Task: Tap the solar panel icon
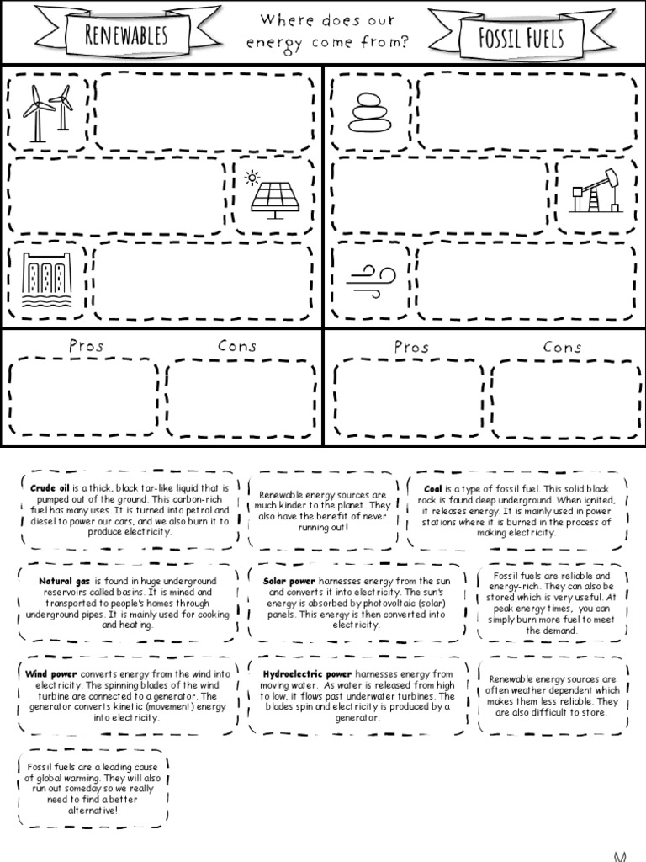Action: pyautogui.click(x=274, y=197)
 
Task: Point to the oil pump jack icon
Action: pyautogui.click(x=595, y=193)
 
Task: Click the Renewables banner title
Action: pyautogui.click(x=126, y=35)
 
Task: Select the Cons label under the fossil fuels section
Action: pyautogui.click(x=563, y=346)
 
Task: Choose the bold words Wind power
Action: pyautogui.click(x=50, y=674)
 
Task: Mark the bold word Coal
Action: pyautogui.click(x=433, y=487)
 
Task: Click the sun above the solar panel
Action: pyautogui.click(x=252, y=178)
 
